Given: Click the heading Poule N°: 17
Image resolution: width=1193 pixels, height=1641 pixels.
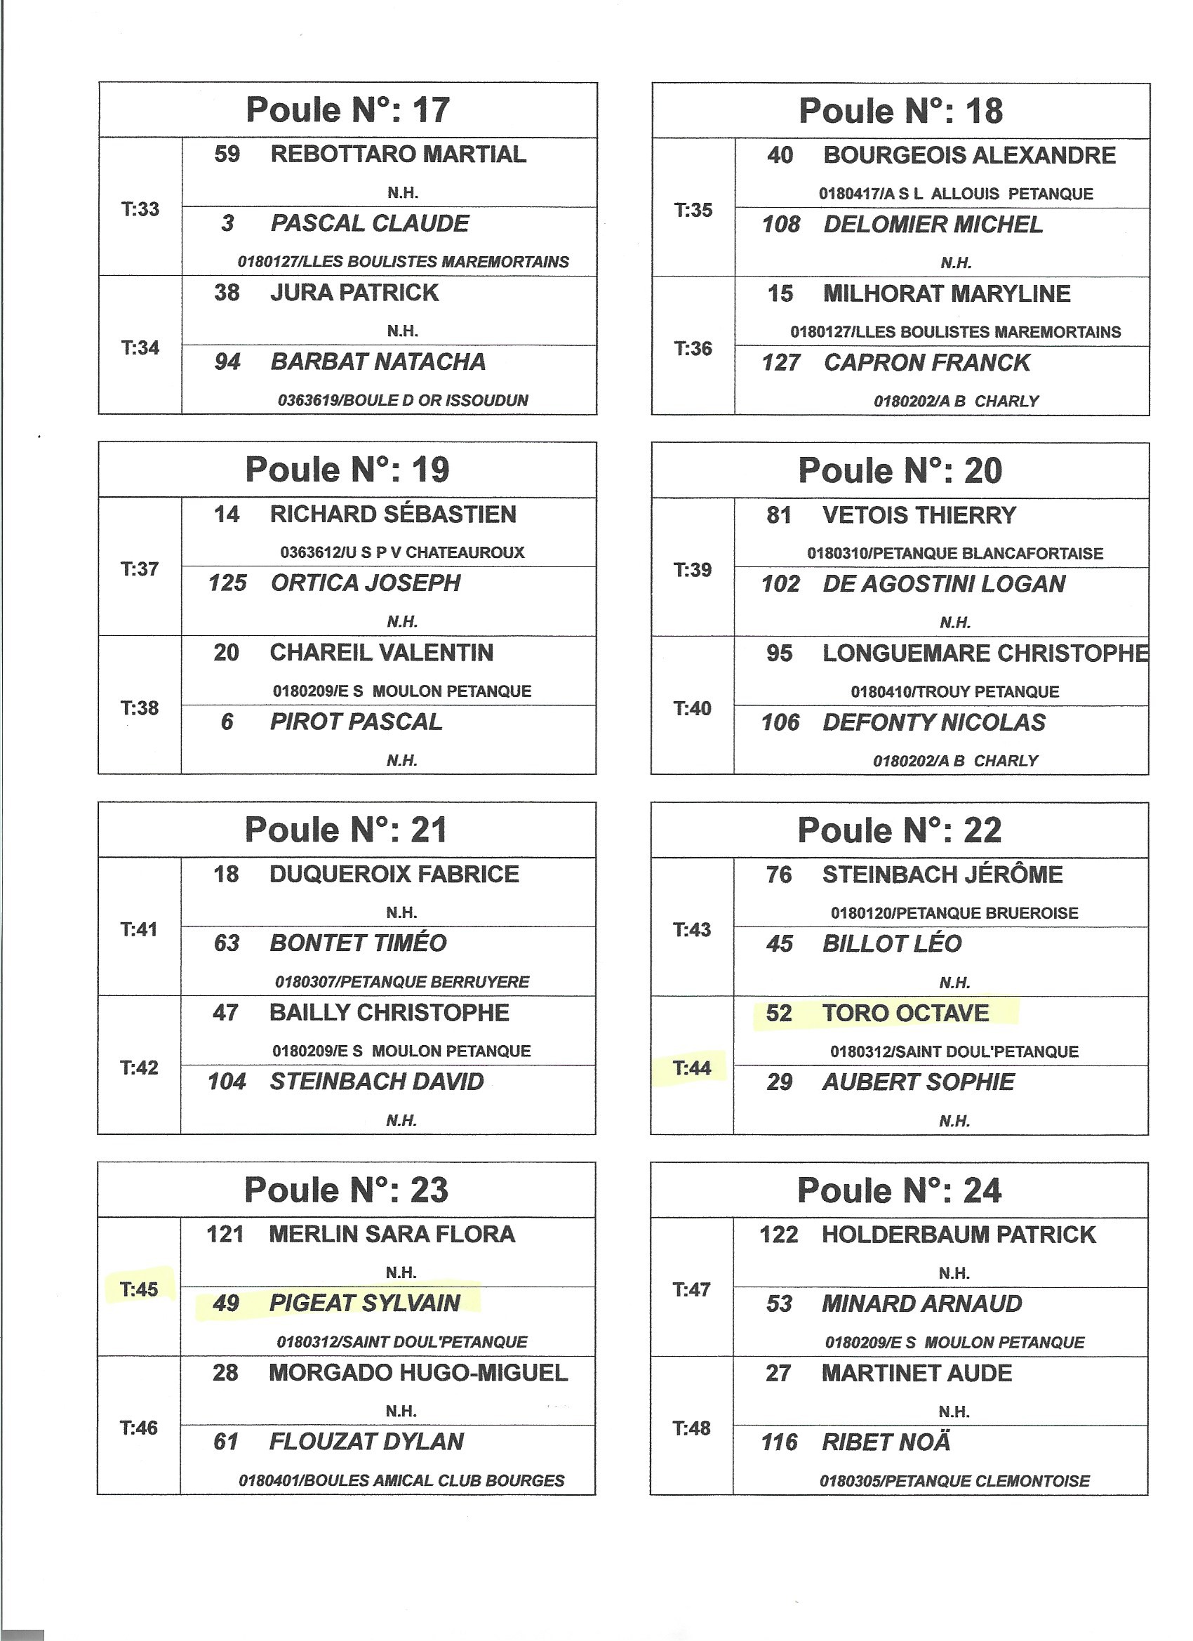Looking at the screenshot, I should coord(348,110).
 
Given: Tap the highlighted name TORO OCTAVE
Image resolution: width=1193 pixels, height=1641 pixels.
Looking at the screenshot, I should coord(905,1013).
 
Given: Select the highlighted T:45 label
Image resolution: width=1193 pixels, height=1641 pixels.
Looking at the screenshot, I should coord(139,1289).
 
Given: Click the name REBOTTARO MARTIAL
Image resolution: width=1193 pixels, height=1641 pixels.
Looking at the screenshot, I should coord(398,154).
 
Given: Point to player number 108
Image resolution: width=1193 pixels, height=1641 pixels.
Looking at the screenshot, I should coord(780,225).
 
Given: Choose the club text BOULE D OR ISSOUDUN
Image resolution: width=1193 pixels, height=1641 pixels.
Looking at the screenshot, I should coord(403,400).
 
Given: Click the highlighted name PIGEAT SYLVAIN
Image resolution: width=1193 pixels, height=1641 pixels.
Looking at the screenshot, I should coord(365,1303).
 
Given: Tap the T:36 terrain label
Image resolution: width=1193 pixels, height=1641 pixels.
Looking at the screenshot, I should coord(693,348).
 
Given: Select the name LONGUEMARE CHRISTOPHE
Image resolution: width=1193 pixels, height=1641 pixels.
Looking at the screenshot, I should coord(985,653).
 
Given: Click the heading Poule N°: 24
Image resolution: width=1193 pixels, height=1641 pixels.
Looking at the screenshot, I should coord(899,1191).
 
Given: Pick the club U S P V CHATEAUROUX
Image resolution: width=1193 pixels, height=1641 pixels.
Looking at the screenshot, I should coord(402,553).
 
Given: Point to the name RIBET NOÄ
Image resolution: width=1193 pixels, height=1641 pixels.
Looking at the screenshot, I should coord(886,1442).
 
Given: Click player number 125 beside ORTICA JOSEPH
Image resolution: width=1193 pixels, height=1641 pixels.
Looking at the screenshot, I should coord(227,583).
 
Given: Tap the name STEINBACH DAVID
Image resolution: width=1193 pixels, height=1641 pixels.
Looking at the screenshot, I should coord(376,1082).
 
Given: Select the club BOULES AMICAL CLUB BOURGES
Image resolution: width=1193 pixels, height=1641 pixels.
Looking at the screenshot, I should coord(401,1480).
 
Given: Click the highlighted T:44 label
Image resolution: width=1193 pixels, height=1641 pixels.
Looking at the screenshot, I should coord(692,1068).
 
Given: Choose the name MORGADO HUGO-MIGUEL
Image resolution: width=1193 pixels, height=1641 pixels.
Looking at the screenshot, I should coord(418,1373).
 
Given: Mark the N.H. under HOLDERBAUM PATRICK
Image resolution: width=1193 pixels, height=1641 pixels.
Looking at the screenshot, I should coord(954,1273).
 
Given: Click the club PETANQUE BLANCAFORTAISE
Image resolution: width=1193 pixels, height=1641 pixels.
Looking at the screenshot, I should coord(955,554).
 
